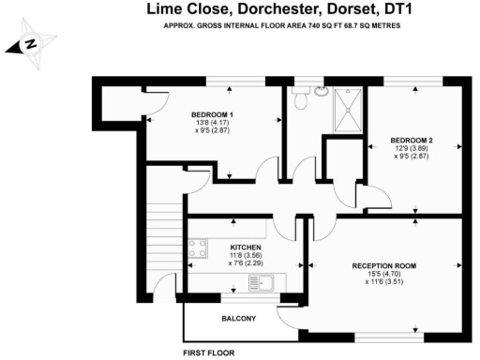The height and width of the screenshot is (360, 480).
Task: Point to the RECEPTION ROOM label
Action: click(x=383, y=266)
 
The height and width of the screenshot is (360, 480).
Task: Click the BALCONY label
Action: click(x=238, y=319)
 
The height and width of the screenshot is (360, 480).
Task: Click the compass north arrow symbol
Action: click(x=31, y=44)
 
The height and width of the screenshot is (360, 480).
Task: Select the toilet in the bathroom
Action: click(x=301, y=100)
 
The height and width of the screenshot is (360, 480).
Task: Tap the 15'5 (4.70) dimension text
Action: click(x=383, y=276)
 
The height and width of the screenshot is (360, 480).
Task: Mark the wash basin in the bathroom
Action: click(x=320, y=92)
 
